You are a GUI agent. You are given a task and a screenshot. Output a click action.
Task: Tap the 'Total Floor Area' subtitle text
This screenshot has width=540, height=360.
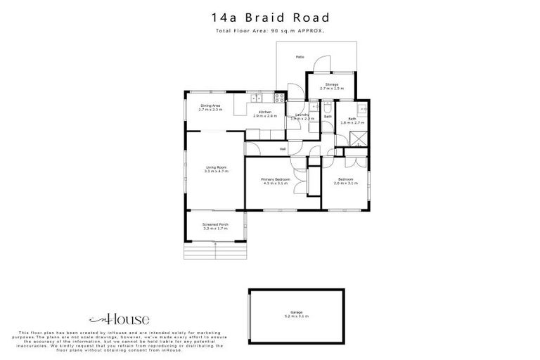point(269,31)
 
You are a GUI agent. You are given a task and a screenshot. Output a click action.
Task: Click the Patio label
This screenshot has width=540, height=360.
point(300,56)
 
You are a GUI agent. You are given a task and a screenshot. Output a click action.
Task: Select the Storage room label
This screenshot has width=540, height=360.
point(331,86)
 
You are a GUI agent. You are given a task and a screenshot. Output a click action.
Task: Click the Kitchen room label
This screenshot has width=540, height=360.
point(265,114)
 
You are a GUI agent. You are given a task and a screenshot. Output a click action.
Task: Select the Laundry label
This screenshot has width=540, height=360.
point(302,117)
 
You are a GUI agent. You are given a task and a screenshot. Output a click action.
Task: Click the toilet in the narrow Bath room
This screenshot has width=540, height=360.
point(328,105)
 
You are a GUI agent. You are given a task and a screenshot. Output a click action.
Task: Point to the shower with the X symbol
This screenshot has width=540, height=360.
point(359,139)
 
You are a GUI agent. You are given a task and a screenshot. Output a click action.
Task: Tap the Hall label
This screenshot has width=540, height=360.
point(283,149)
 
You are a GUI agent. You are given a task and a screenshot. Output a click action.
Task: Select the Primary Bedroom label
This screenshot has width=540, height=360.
point(275,181)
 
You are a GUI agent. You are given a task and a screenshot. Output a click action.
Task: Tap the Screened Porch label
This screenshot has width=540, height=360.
point(216,226)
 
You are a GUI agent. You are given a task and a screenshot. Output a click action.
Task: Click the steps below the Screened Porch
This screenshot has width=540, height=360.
point(215,251)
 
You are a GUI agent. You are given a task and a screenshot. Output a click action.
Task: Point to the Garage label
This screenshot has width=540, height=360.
point(296,314)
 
